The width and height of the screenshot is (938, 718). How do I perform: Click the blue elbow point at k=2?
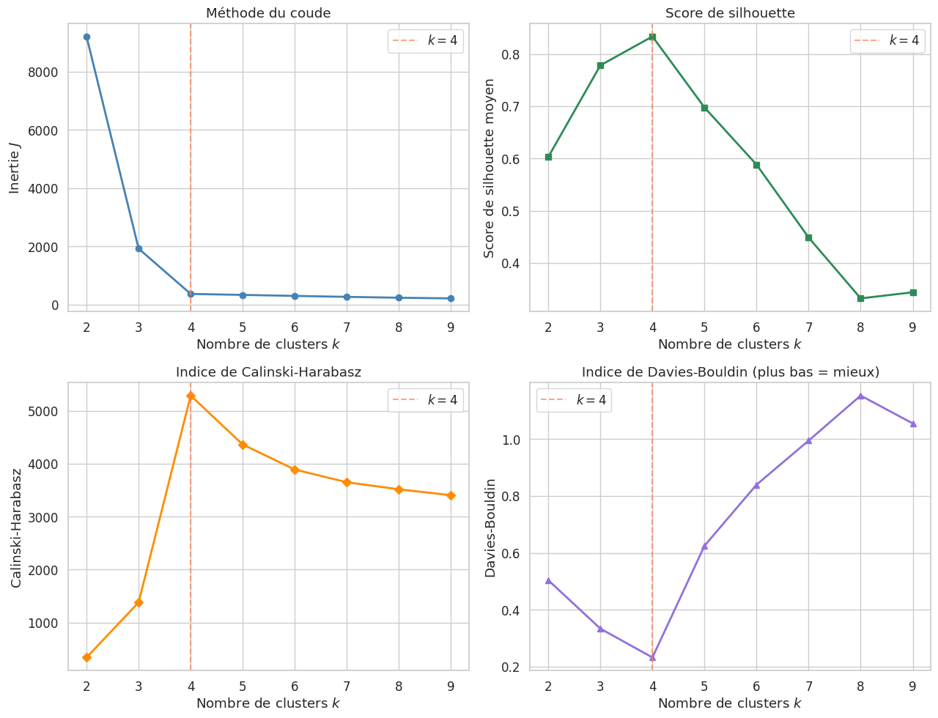tap(86, 37)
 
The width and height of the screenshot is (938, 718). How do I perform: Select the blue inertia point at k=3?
tap(139, 248)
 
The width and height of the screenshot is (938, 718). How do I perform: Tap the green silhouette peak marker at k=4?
tap(652, 37)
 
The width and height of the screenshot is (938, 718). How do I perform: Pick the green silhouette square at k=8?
tap(860, 298)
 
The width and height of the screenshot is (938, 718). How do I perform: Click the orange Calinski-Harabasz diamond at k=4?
tap(191, 396)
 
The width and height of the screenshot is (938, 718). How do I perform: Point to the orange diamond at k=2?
tap(86, 657)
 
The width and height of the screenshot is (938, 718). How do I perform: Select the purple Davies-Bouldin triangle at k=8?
tap(860, 396)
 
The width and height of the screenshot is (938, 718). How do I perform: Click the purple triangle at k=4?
tap(652, 657)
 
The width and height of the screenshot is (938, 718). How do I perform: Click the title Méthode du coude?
tap(268, 13)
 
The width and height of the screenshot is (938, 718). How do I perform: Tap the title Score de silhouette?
tap(730, 13)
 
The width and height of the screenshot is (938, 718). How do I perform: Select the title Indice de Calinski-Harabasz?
tap(268, 372)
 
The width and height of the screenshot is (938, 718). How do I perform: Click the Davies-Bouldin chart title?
tap(730, 372)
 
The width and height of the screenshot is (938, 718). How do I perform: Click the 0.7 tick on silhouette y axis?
tap(509, 106)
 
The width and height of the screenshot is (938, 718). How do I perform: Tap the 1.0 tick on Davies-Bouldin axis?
tap(509, 440)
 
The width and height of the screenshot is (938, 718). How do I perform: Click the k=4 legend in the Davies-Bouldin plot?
tap(574, 400)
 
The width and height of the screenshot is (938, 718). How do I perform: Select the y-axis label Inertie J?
tap(15, 169)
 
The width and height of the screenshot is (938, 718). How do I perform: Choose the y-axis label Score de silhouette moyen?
tap(490, 169)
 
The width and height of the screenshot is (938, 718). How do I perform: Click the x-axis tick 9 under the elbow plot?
tap(451, 327)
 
